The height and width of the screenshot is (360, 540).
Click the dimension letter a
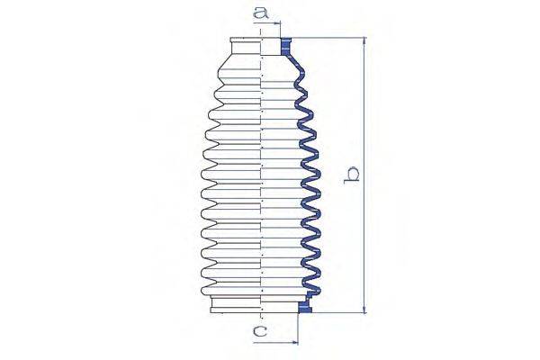[x=260, y=13]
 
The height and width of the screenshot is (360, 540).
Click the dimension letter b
[x=352, y=175]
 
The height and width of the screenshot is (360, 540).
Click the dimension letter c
[x=260, y=332]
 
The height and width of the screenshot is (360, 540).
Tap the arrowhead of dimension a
[x=277, y=23]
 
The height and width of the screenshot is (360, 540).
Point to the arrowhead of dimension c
[x=295, y=342]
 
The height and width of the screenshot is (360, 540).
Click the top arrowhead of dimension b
[x=364, y=41]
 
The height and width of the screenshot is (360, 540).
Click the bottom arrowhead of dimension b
[x=364, y=310]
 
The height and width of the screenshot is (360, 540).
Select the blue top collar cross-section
[x=286, y=47]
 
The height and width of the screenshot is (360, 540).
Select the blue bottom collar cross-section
[x=305, y=307]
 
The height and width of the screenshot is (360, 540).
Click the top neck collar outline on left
[x=245, y=46]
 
